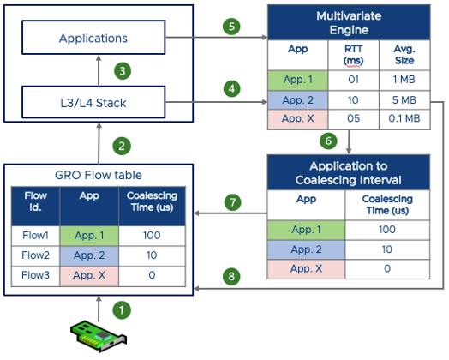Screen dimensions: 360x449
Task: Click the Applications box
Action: tap(93, 39)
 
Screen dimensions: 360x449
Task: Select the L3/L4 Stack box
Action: tap(93, 105)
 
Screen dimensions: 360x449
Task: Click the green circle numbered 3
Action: tap(123, 72)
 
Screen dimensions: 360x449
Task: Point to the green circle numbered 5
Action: tap(229, 26)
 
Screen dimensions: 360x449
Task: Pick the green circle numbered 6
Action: tap(326, 141)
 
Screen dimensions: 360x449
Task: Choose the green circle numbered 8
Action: tap(229, 278)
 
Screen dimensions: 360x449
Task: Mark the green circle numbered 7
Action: tap(229, 202)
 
